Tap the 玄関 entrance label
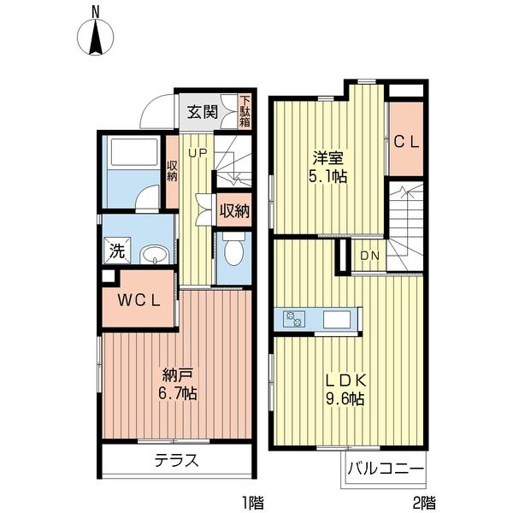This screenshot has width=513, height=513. tap(203, 111)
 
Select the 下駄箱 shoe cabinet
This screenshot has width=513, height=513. tap(245, 111)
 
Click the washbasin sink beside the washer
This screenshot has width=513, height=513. tap(154, 254)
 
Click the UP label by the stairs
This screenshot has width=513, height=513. tap(198, 154)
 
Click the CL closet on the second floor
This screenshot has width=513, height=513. tap(405, 143)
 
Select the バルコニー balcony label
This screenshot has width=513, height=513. tap(385, 469)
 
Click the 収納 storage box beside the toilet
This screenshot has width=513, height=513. tap(233, 211)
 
